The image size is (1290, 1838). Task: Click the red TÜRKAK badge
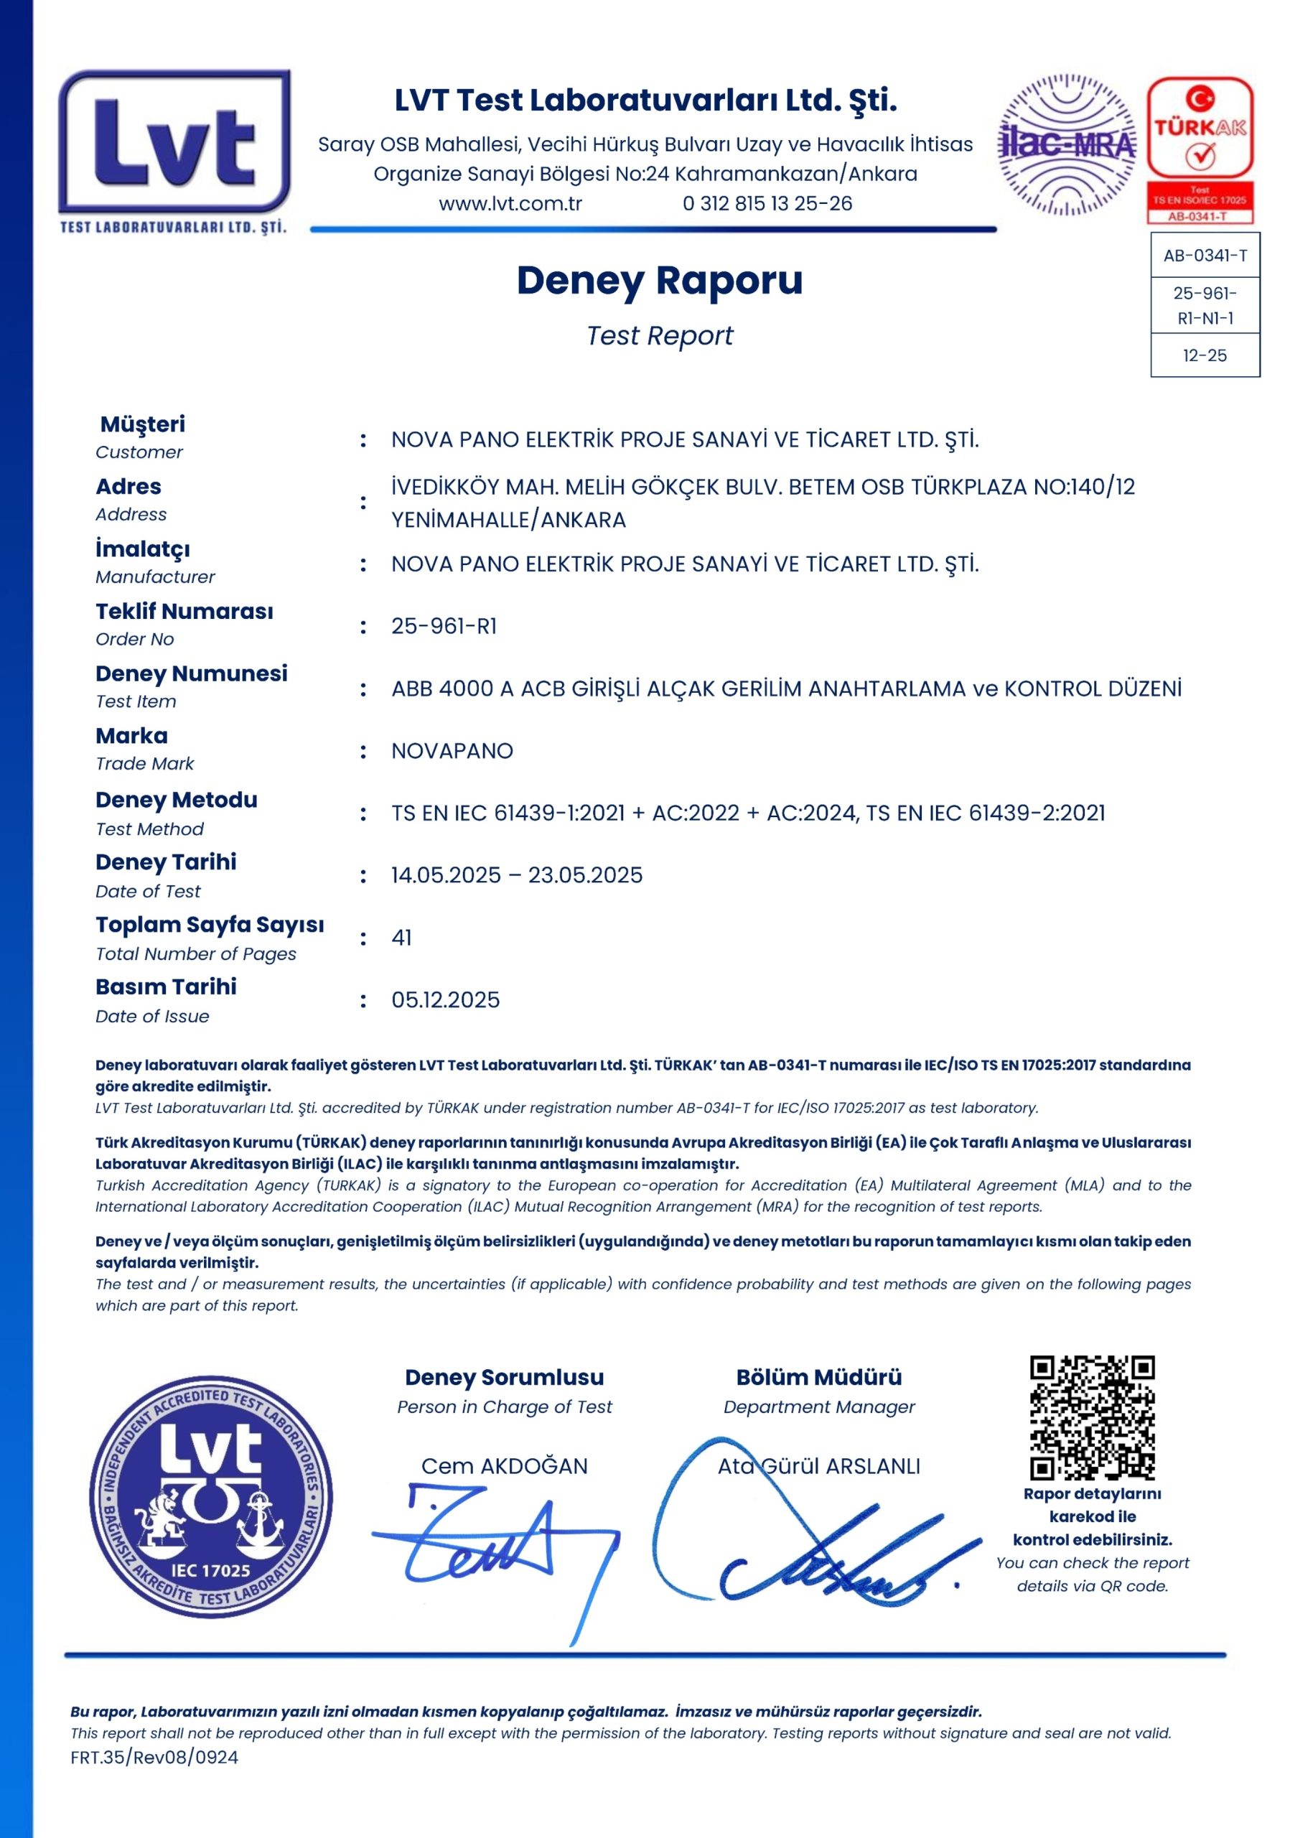coord(1200,149)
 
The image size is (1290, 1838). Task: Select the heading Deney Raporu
coord(660,281)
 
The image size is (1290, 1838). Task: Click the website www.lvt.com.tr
coord(510,203)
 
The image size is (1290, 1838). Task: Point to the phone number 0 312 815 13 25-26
coord(767,203)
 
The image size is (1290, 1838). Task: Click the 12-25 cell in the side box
coord(1205,355)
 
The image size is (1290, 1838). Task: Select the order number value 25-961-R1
coord(444,626)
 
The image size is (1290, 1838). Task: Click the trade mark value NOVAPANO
coord(452,751)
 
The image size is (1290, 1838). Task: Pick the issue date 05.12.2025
coord(445,1000)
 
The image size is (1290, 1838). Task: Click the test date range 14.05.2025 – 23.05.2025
coord(517,875)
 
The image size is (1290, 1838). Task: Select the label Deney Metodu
coord(176,800)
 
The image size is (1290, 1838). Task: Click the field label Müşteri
coord(142,424)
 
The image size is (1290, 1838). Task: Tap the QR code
coord(1092,1417)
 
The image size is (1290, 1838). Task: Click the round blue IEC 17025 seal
coord(210,1497)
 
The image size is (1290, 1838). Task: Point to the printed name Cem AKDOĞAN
coord(504,1466)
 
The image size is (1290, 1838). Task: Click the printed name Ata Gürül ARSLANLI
coord(818,1466)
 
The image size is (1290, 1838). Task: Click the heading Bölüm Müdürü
coord(818,1377)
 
